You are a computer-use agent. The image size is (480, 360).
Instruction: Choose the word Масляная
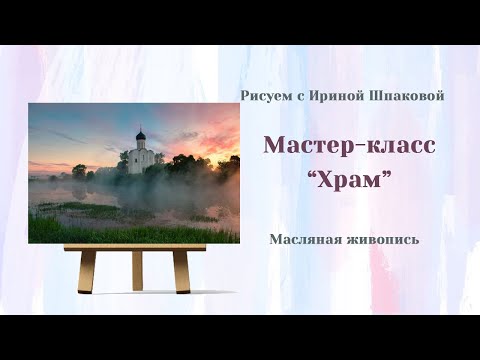303,240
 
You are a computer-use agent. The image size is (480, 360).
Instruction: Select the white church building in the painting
140,158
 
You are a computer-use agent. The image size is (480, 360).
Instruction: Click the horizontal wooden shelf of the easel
134,246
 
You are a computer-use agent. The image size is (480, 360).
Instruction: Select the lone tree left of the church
79,171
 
